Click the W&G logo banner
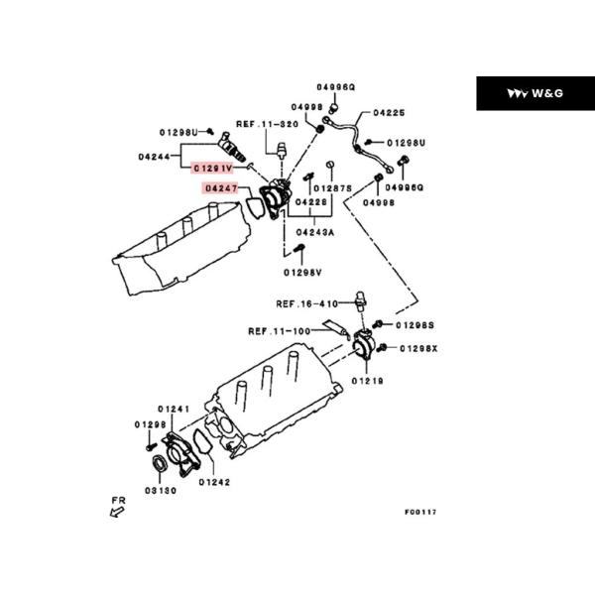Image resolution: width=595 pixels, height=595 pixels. pos(535,93)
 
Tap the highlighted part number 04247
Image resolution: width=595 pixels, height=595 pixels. pos(221,188)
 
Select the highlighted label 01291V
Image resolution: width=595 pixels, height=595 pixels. pos(212,168)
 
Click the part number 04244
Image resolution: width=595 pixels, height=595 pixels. pos(154,157)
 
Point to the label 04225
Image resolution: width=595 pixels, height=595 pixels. pos(389,113)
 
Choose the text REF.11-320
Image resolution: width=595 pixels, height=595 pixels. pos(267,124)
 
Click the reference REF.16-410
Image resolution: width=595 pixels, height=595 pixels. pos(307,304)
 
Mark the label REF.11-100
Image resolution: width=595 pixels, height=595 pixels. pos(280,331)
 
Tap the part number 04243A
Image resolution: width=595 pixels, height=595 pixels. pos(315,232)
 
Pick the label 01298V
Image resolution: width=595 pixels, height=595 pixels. pos(302,273)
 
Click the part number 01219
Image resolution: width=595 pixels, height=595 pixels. pos(367,381)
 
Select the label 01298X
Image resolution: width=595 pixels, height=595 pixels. pos(418,348)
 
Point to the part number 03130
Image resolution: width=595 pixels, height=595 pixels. pos(161,491)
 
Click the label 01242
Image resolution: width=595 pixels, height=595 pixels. pos(214,482)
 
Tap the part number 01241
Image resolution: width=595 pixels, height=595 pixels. pos(174,409)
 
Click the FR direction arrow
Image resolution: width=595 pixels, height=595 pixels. pos(117,513)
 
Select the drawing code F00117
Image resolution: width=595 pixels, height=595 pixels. pos(420,512)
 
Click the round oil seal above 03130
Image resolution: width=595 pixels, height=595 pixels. pos(160,463)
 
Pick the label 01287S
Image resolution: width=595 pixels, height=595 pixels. pos(333,188)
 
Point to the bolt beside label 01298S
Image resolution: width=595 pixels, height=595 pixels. pos(378,324)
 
